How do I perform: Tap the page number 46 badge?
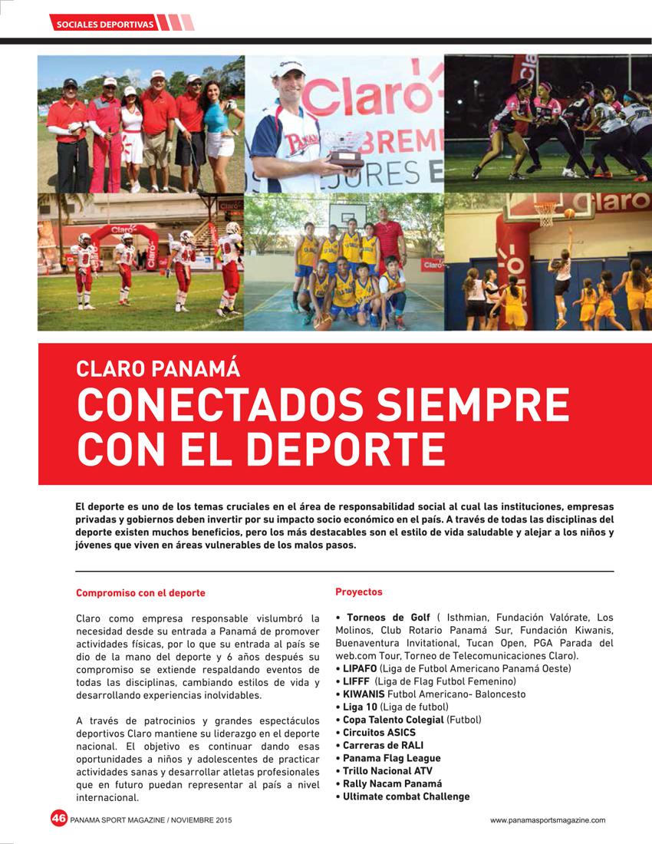point(59,818)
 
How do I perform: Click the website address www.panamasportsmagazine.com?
point(548,819)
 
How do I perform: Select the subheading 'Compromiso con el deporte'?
point(140,593)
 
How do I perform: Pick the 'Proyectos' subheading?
point(358,592)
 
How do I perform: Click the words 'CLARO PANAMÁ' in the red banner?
point(158,368)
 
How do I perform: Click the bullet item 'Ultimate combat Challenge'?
point(406,796)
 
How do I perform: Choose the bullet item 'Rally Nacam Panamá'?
point(392,783)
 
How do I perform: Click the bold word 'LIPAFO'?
point(360,668)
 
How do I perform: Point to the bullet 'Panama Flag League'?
point(391,758)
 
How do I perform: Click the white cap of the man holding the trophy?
point(288,68)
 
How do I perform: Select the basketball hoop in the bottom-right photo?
point(545,211)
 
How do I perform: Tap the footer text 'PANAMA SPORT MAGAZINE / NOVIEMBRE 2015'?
point(151,819)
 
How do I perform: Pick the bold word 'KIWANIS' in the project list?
point(364,694)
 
